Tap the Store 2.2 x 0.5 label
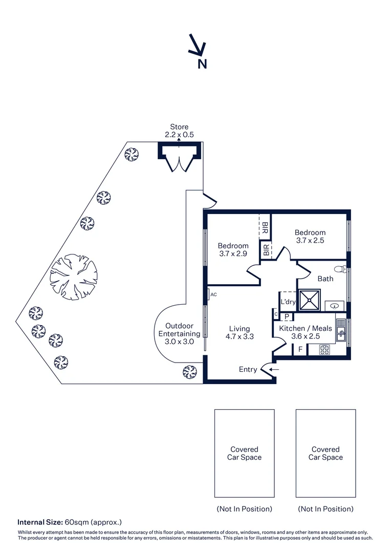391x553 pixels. pos(179,131)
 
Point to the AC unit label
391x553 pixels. pos(213,294)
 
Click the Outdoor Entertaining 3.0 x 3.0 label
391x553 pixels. pos(179,334)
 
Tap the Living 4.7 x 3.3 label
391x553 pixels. pos(240,333)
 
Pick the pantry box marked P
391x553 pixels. pos(287,316)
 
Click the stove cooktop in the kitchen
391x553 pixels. pos(325,350)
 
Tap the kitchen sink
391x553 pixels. pos(341,334)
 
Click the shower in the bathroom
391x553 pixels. pos(309,300)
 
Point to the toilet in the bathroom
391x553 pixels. pos(338,268)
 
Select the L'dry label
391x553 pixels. pos(288,302)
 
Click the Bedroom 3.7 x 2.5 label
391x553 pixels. pos(310,236)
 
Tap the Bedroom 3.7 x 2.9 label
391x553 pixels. pos(233,249)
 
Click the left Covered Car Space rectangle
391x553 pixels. pos(244,453)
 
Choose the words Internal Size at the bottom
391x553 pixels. pos(40,522)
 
